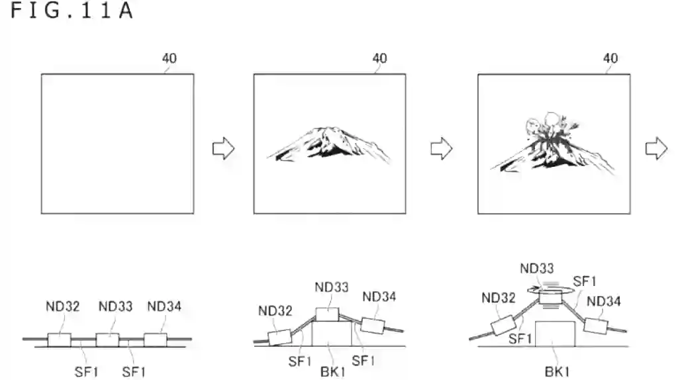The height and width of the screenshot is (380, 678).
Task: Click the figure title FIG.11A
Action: coord(72,11)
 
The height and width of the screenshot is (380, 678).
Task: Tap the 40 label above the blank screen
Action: coord(169,58)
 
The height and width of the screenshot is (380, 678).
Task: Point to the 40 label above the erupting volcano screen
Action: coord(610,58)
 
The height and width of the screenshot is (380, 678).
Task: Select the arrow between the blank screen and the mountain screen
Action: coord(224,149)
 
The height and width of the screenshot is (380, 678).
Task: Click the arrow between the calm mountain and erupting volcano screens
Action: coord(442,149)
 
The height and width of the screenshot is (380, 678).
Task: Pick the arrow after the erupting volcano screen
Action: coord(656,149)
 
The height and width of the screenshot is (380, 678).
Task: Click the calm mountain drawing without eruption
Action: coord(328,144)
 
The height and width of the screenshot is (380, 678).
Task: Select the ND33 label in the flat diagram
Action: coord(115,307)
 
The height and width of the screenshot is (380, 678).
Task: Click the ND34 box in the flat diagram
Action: coord(155,340)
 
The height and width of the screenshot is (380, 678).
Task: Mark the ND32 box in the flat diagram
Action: coord(59,340)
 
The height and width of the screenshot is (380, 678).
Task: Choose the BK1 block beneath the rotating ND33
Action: coord(556,334)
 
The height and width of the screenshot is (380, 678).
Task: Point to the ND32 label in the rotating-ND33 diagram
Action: coord(499,298)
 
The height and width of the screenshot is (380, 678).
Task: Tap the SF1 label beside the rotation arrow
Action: coord(585,282)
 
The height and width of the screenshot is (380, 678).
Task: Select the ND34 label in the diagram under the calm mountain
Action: coord(379,297)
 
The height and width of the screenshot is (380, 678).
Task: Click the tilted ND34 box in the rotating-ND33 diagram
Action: coord(595,326)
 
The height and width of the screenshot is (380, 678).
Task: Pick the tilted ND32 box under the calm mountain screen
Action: coord(280,337)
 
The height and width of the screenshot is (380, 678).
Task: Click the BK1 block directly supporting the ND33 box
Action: coord(332,333)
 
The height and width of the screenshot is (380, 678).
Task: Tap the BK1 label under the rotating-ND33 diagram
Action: coord(557,372)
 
